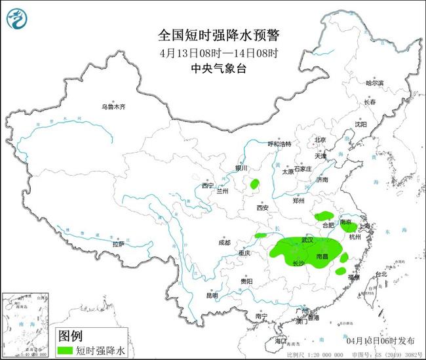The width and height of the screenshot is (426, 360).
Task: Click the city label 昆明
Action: coord(212,295)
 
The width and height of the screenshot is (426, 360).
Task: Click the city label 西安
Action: coord(263,208)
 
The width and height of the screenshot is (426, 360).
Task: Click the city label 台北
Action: coord(379,274)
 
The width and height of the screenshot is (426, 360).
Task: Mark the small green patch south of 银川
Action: coord(254,185)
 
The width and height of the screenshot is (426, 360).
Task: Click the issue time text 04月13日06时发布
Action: coord(379,341)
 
